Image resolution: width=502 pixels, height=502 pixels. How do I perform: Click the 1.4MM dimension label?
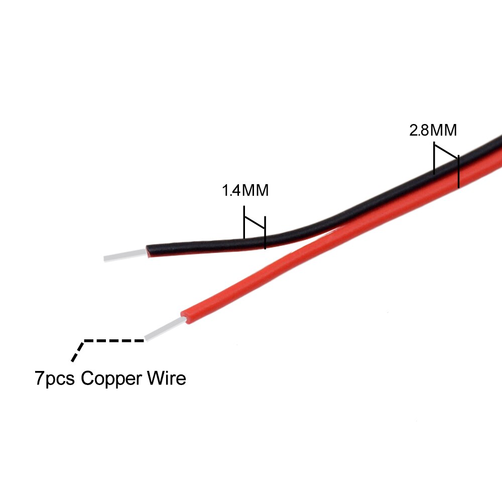click(245, 190)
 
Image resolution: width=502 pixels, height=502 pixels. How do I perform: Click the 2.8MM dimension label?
click(433, 131)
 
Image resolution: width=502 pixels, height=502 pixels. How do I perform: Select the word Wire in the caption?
click(167, 378)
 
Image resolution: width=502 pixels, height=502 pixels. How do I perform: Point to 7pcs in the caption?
click(54, 379)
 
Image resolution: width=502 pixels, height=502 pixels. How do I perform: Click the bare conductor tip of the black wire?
click(125, 255)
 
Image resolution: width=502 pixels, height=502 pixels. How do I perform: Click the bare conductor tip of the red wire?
click(165, 328)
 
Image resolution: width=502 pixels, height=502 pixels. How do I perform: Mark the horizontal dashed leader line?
click(114, 341)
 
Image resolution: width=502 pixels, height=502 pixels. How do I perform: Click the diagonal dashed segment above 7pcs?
click(78, 351)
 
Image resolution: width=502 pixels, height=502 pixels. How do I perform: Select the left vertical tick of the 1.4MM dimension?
click(244, 222)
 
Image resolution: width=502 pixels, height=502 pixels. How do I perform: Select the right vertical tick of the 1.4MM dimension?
click(265, 232)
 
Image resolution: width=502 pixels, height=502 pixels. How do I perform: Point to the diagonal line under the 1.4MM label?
click(255, 223)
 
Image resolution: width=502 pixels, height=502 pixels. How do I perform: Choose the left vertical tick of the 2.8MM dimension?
click(434, 159)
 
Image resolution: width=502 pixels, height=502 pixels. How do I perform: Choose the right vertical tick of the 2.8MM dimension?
click(458, 172)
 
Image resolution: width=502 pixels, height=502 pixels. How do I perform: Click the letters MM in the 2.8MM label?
click(443, 131)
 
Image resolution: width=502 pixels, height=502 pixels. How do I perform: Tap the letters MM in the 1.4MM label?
click(255, 190)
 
